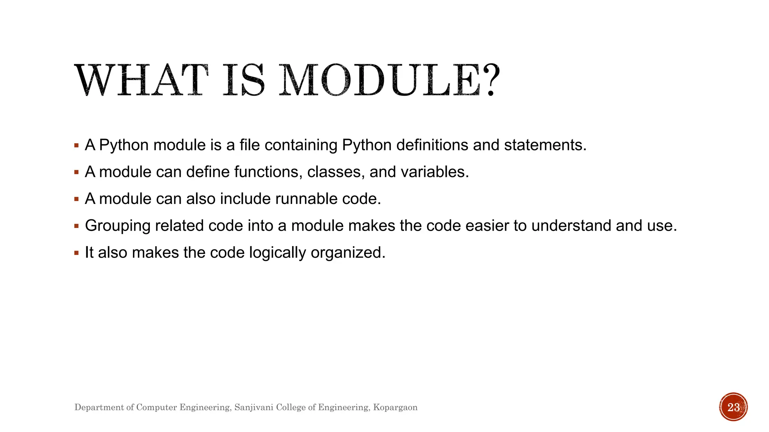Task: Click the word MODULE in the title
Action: click(380, 80)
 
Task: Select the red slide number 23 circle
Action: click(733, 407)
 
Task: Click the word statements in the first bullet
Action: click(545, 145)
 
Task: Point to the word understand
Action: click(571, 226)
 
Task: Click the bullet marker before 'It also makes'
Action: click(77, 253)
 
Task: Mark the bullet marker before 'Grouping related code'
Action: click(77, 226)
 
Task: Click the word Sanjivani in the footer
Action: click(253, 407)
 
